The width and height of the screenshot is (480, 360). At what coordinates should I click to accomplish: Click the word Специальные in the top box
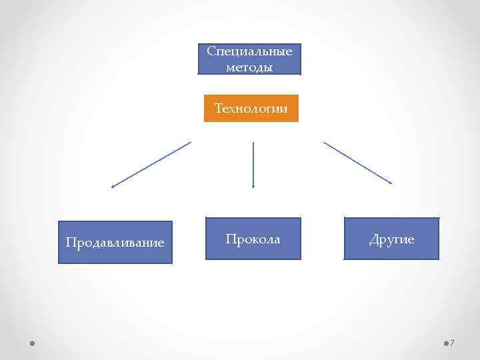[249, 51]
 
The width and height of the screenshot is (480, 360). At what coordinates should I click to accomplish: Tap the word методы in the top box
[249, 67]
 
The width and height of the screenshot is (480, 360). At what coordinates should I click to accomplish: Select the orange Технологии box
[251, 108]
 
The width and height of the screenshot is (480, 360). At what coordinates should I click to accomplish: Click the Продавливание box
[115, 242]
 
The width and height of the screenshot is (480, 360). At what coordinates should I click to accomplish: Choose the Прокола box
[253, 238]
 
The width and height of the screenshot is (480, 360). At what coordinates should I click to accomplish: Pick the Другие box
[391, 238]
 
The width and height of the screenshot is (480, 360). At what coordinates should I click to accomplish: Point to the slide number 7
[452, 343]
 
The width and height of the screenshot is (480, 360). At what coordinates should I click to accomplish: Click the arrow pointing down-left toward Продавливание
[151, 165]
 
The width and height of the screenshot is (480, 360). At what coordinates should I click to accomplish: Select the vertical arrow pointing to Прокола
[253, 165]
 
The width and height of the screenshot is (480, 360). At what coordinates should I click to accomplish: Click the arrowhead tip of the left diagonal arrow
[112, 187]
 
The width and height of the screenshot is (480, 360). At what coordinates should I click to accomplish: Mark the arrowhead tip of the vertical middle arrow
[253, 187]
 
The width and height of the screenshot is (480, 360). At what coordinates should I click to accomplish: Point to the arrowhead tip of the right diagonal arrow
[391, 183]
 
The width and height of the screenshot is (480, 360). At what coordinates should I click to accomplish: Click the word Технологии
[251, 108]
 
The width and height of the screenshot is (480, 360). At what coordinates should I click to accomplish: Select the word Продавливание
[115, 243]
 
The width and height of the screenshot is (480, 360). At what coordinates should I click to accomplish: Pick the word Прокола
[253, 239]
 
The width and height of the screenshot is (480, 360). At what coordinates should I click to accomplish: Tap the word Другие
[392, 239]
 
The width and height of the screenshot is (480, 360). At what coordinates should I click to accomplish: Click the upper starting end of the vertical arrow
[253, 143]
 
